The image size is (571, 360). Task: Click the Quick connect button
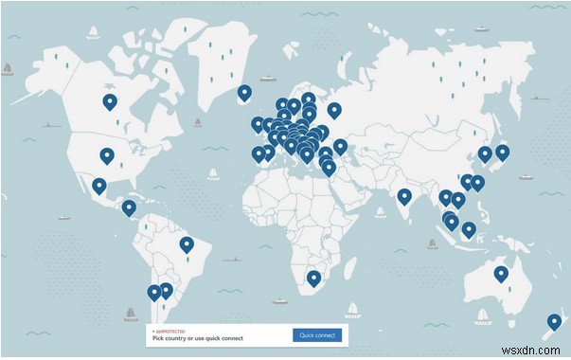(x=316, y=334)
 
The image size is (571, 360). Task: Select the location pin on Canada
(x=110, y=102)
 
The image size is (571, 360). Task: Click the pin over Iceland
(x=244, y=93)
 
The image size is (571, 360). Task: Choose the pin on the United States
(x=106, y=155)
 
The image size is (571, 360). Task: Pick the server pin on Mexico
(x=99, y=185)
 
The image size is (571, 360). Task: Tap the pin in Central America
(x=129, y=207)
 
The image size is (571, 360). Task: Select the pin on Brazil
(x=187, y=244)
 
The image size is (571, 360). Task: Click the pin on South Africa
(x=313, y=277)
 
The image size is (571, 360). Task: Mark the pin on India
(x=404, y=196)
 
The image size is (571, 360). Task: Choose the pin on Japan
(x=502, y=151)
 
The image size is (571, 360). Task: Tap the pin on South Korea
(x=484, y=153)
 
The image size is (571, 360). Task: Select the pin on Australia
(x=500, y=274)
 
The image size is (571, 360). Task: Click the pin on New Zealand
(x=552, y=322)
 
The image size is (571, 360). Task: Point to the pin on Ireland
(x=258, y=124)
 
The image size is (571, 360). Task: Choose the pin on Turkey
(x=340, y=147)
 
